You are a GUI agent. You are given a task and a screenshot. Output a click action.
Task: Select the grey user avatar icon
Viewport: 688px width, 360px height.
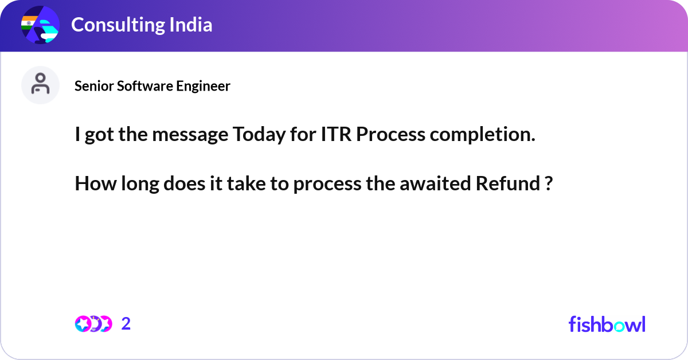tap(40, 85)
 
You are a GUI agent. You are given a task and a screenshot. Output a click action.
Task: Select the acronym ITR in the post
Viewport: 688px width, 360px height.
tap(334, 135)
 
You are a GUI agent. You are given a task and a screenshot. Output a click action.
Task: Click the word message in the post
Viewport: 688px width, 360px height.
tap(189, 135)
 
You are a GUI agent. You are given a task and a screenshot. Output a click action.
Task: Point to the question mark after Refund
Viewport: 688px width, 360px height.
tap(548, 185)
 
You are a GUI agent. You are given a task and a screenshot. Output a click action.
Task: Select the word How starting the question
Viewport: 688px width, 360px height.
tap(91, 185)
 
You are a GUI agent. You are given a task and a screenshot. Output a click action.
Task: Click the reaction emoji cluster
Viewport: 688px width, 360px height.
tap(93, 324)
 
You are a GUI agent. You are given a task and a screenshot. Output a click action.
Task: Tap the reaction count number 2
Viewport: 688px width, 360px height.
tap(126, 324)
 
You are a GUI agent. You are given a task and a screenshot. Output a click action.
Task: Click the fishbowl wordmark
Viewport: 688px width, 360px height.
tap(607, 324)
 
